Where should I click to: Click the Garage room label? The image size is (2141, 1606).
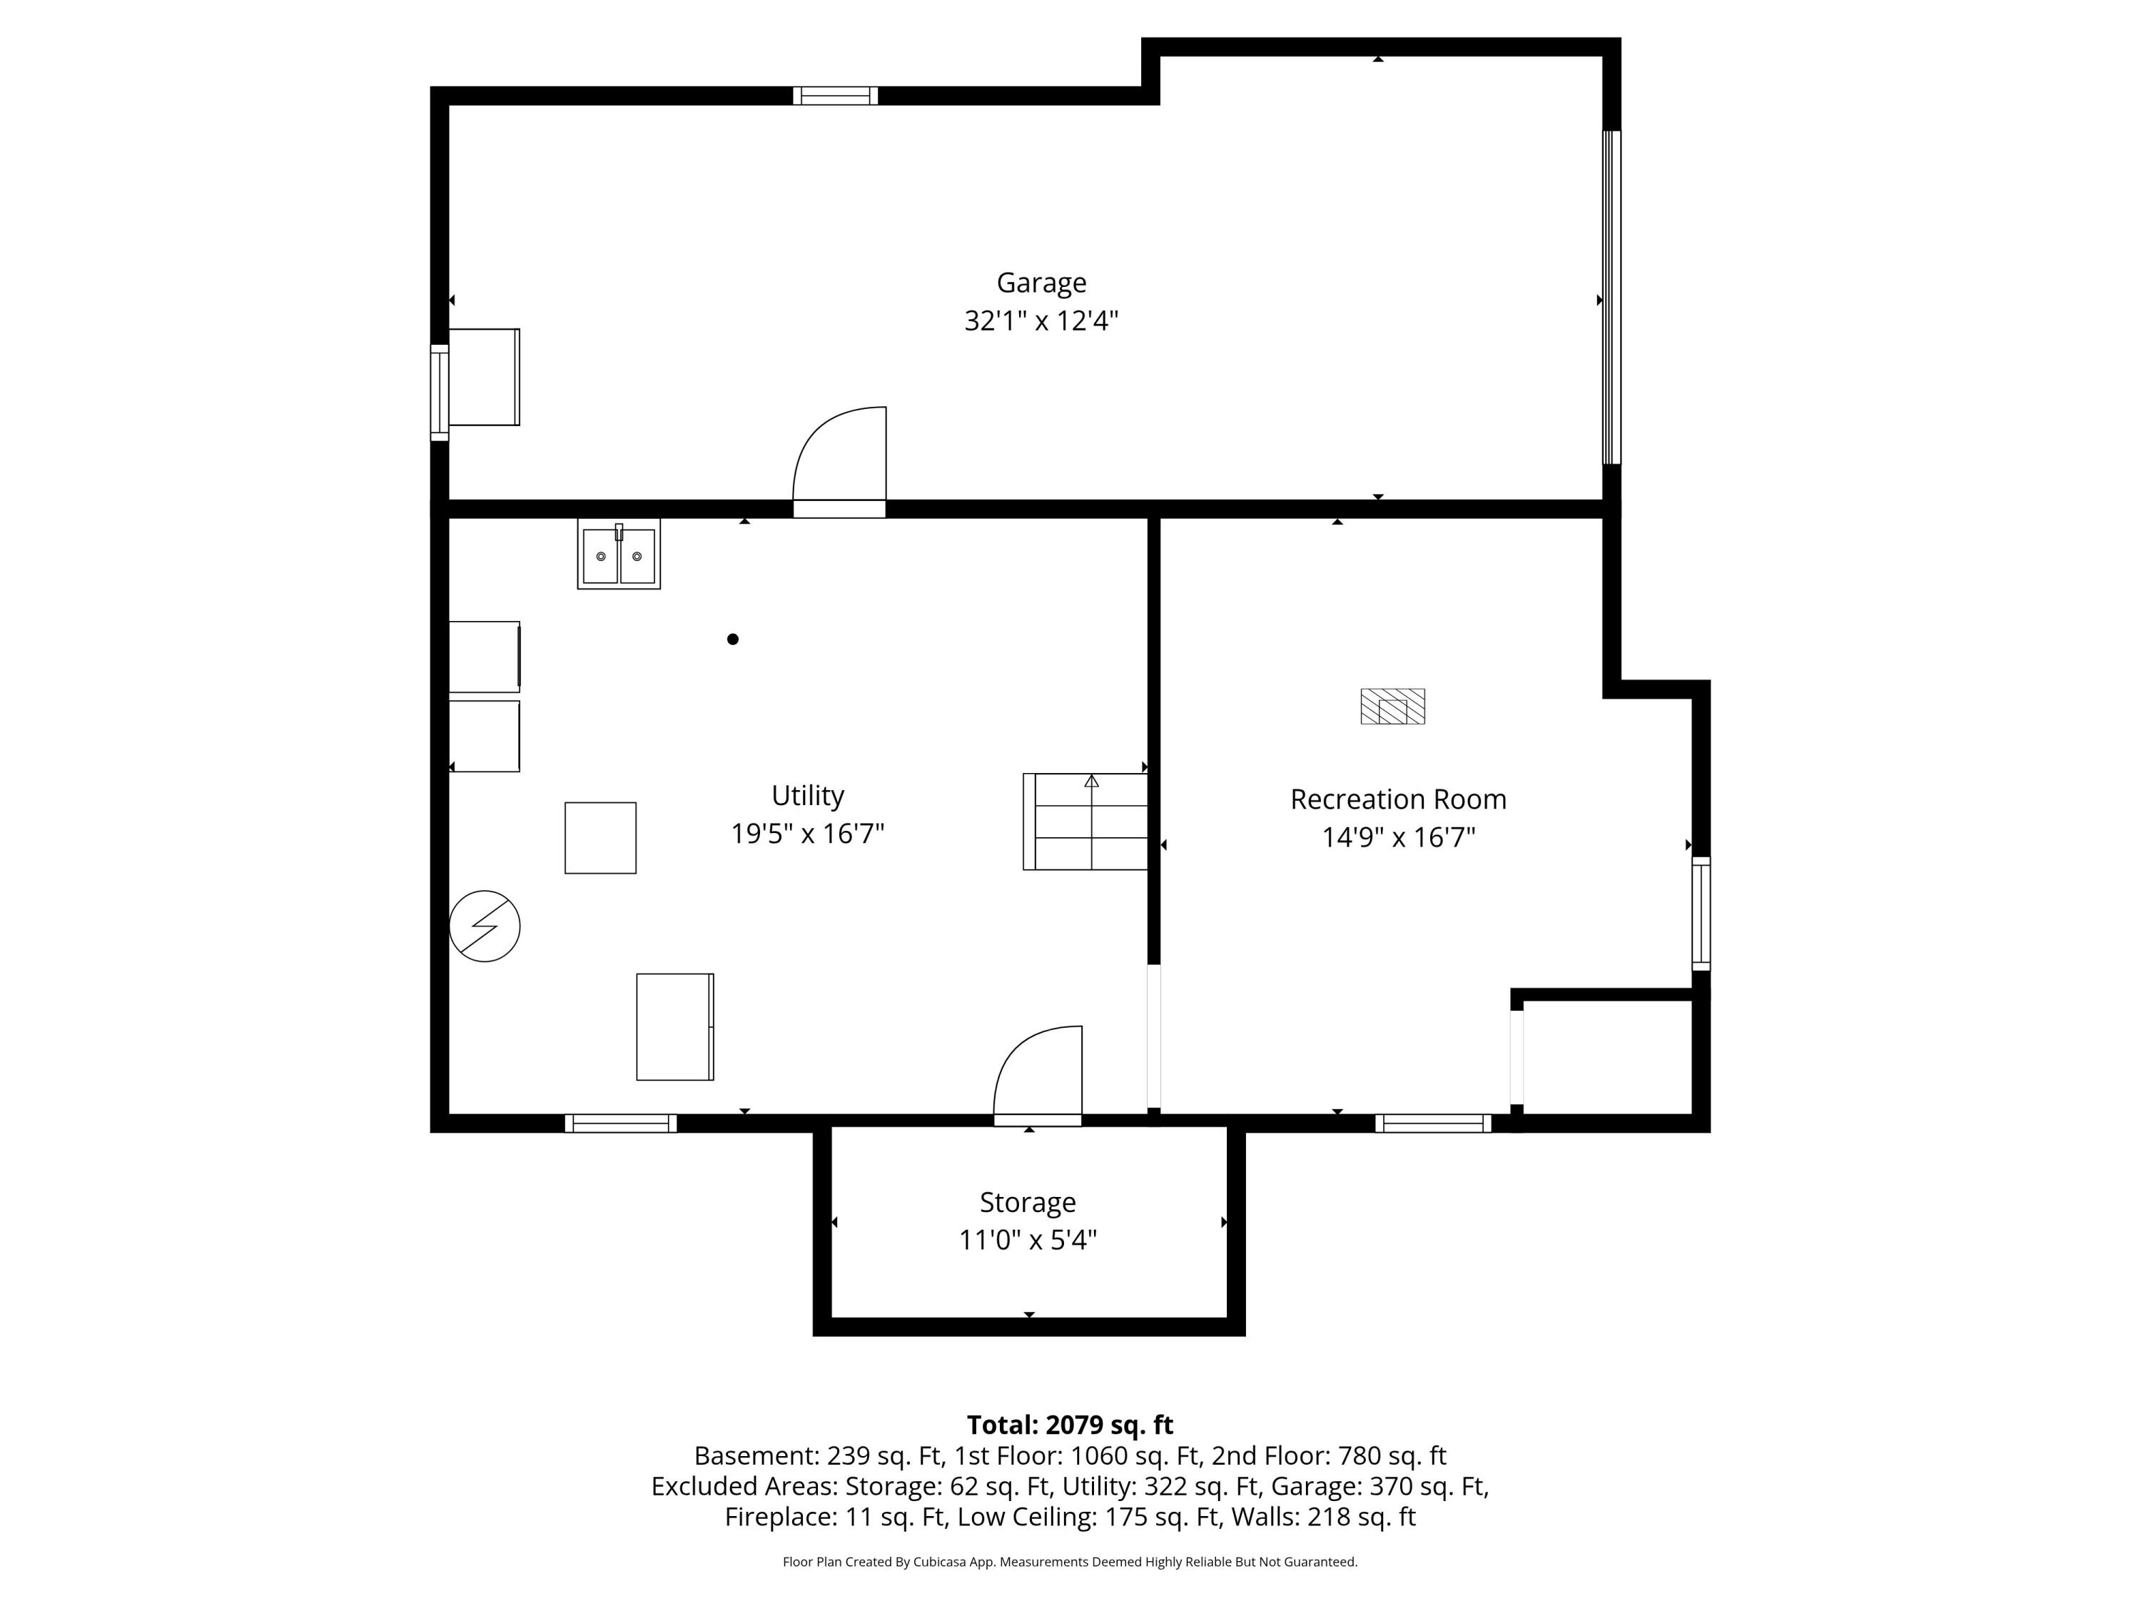pyautogui.click(x=1041, y=283)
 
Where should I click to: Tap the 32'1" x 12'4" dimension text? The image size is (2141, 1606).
pyautogui.click(x=1041, y=320)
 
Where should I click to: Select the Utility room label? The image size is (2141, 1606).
pyautogui.click(x=807, y=796)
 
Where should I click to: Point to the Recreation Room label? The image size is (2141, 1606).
pyautogui.click(x=1397, y=799)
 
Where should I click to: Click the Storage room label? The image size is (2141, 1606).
pyautogui.click(x=1027, y=1202)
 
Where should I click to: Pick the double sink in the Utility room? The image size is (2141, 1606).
pyautogui.click(x=619, y=555)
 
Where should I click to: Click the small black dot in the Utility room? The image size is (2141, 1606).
pyautogui.click(x=733, y=639)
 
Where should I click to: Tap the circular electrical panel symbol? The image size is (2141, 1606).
pyautogui.click(x=485, y=926)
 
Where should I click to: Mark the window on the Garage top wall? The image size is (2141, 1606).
pyautogui.click(x=835, y=96)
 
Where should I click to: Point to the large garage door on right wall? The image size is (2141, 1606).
pyautogui.click(x=1611, y=298)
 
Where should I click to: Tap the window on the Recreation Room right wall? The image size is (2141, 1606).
pyautogui.click(x=1701, y=913)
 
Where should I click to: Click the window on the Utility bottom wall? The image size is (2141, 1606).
pyautogui.click(x=620, y=1123)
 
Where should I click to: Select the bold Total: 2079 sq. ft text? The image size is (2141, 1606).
pyautogui.click(x=1070, y=1425)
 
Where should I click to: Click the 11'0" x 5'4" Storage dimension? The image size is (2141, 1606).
pyautogui.click(x=1027, y=1240)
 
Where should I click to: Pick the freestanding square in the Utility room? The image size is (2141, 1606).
pyautogui.click(x=600, y=839)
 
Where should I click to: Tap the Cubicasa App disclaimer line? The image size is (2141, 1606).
pyautogui.click(x=1070, y=1562)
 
